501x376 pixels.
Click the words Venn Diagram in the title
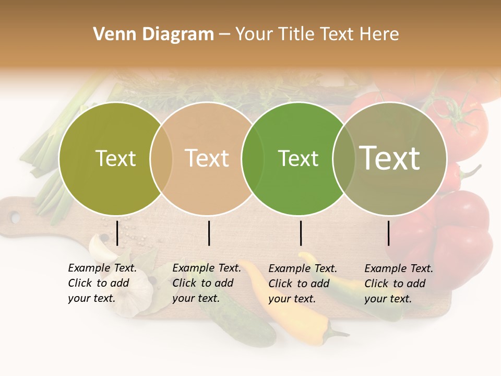pyautogui.click(x=153, y=34)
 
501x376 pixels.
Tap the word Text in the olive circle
pyautogui.click(x=115, y=158)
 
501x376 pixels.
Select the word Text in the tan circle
pyautogui.click(x=207, y=158)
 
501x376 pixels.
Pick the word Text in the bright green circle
pyautogui.click(x=298, y=158)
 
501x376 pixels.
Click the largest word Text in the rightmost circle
pyautogui.click(x=390, y=158)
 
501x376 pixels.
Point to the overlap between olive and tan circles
pyautogui.click(x=161, y=159)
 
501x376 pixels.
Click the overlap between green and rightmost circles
pyautogui.click(x=344, y=159)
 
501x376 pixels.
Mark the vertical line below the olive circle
pyautogui.click(x=117, y=233)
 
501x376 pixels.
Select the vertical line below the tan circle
pyautogui.click(x=209, y=233)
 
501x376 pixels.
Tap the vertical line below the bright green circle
pyautogui.click(x=301, y=233)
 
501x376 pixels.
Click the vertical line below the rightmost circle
pyautogui.click(x=389, y=233)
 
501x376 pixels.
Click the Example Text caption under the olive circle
pyautogui.click(x=102, y=283)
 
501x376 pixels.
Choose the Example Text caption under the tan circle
pyautogui.click(x=207, y=283)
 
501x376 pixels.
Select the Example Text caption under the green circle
pyautogui.click(x=303, y=284)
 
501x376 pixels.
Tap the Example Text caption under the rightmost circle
pyautogui.click(x=399, y=284)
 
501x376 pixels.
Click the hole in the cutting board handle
pyautogui.click(x=15, y=217)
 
